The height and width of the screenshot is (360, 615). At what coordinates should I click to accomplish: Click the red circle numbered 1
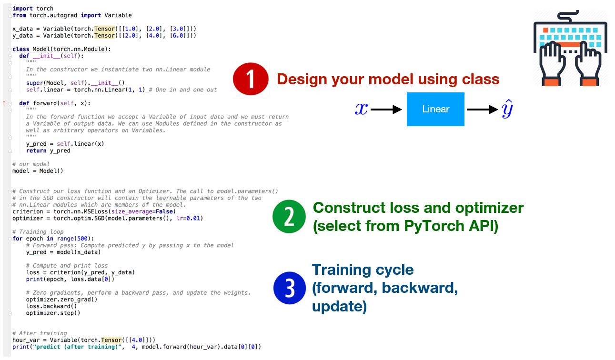coord(251,79)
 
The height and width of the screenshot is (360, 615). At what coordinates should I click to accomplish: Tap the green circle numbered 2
coord(289,217)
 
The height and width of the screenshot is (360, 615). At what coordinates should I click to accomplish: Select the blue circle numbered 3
coord(289,288)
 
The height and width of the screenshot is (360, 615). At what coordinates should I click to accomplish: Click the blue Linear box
coord(435,109)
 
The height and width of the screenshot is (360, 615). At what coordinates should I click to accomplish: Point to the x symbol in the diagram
coord(361,109)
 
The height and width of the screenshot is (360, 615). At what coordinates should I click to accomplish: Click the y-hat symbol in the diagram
coord(507,109)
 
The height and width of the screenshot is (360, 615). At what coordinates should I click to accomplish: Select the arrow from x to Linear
coord(386,110)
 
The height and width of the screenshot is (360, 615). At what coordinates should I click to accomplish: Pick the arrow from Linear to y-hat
coord(483,110)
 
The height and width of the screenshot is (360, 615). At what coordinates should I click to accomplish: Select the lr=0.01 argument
coord(188,218)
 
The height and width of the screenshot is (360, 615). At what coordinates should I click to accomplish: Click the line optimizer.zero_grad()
coord(62,300)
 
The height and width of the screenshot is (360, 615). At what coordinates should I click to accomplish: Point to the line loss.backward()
coord(51,306)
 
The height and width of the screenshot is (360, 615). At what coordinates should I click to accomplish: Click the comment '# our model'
coord(31,164)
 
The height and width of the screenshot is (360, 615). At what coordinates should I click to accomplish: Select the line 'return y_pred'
coord(48,150)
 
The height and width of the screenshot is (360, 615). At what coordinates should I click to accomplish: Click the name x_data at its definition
coord(22,29)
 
